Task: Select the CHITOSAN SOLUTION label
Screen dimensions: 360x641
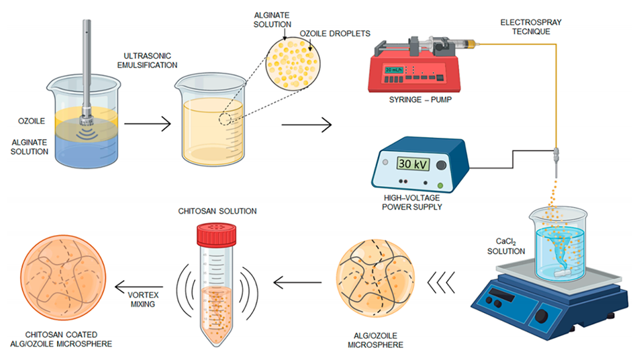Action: point(217,210)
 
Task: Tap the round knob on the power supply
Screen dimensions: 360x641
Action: point(441,165)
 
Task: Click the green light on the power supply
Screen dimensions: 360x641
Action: point(440,184)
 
